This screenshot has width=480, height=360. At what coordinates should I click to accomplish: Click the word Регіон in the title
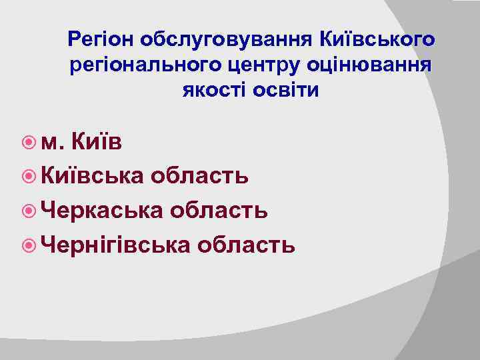(101, 41)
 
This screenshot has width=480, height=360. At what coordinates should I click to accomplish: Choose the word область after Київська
(199, 176)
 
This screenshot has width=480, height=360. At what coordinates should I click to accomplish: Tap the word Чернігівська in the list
(115, 245)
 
